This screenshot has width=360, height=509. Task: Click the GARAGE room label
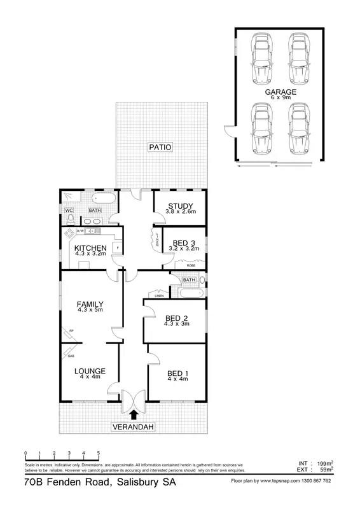tap(277, 92)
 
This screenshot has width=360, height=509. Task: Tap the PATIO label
tap(161, 147)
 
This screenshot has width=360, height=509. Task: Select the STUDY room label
tap(181, 205)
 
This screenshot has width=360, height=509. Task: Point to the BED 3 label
tap(184, 243)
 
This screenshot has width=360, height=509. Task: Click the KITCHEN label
tap(90, 248)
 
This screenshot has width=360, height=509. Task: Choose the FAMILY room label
tap(90, 303)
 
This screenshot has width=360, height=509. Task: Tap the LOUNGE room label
tap(90, 371)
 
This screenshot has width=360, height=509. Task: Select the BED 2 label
tap(176, 318)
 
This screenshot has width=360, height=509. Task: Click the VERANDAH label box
tap(133, 426)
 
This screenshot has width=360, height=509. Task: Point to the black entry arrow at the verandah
tap(133, 414)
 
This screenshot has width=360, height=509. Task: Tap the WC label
tap(68, 210)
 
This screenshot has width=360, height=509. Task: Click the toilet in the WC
tap(69, 220)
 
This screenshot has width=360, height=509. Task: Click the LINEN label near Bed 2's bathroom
tap(158, 295)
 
